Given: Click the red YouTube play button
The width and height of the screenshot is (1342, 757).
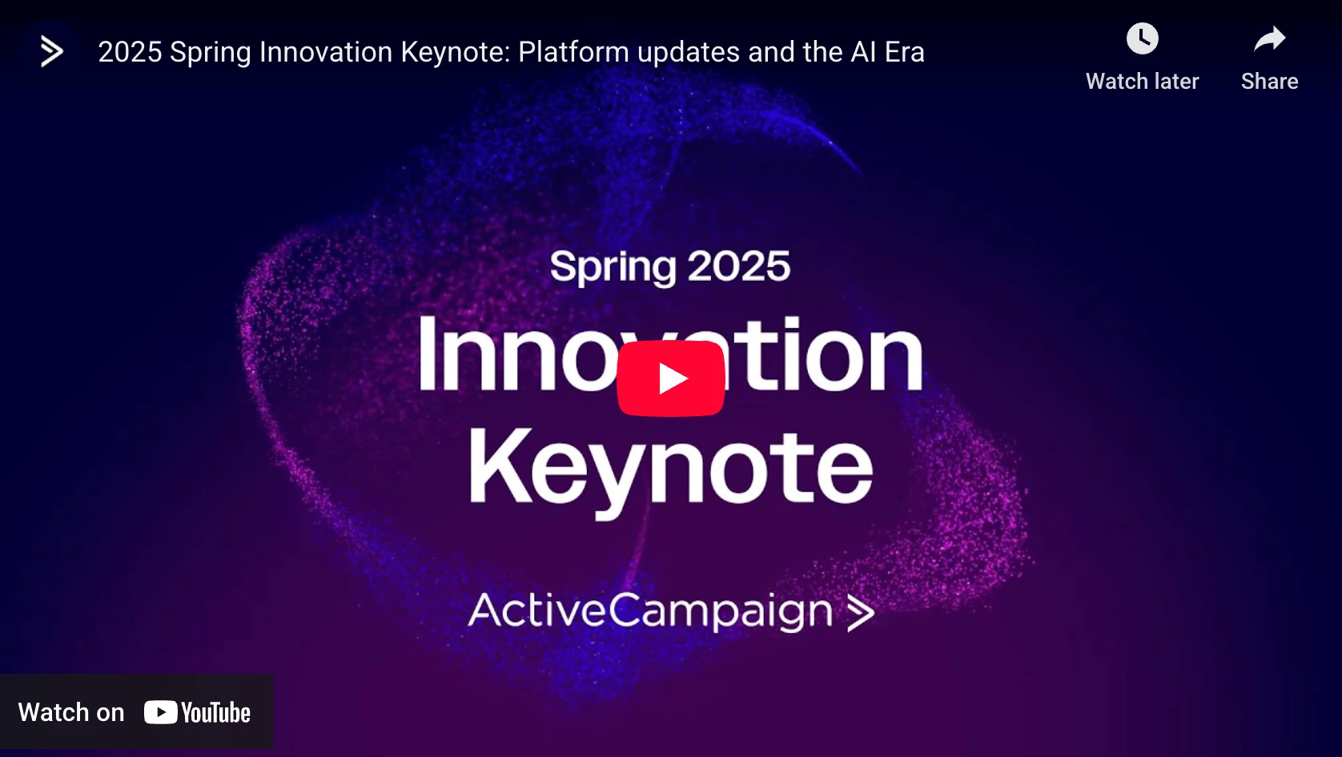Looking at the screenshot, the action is coord(670,378).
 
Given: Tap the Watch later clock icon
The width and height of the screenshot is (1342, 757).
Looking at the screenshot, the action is coord(1142,39).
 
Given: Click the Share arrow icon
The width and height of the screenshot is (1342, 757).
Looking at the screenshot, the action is coord(1269,39).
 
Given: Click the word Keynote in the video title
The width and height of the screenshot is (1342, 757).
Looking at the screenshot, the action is coord(456,52).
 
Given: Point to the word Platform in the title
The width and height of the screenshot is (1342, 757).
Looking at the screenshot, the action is coord(574,52).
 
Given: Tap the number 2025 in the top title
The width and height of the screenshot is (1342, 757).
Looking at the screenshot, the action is coord(130,52).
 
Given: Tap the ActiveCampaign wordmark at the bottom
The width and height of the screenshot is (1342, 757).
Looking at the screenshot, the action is coord(650,611).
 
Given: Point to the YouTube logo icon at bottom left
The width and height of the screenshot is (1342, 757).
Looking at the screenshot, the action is coord(161,712).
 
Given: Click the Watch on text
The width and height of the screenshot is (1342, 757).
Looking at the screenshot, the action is coord(71,713).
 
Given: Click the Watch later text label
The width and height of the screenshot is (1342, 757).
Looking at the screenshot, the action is coord(1142,82).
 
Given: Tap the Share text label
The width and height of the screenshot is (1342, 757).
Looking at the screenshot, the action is coord(1269,82).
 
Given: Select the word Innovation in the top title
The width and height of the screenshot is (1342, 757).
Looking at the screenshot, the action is coord(326,52).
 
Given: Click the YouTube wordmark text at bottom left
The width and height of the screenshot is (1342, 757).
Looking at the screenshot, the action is coord(215,713).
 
